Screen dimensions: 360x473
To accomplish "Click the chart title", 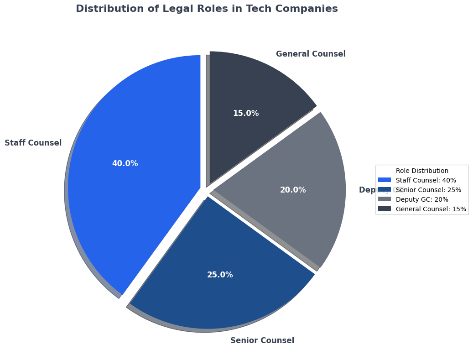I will point(207,9).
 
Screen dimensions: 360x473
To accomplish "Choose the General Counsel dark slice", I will point(255,87).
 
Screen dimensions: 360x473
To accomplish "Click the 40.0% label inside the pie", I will point(125,163).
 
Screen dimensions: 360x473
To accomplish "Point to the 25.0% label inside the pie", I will point(220,275).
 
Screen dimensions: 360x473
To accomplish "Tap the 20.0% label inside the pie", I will point(293,190).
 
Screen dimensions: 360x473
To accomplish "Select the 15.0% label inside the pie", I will point(246,113).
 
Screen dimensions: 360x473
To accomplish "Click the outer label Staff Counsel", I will point(33,143).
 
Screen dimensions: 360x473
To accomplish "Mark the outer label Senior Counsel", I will point(262,340).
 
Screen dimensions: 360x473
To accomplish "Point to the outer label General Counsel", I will point(311,54).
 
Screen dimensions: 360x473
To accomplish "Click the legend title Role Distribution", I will point(422,171).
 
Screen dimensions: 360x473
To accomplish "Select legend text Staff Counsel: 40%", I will point(426,180).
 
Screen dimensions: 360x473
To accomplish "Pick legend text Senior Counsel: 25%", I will point(428,190).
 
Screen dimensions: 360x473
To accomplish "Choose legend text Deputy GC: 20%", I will point(422,199).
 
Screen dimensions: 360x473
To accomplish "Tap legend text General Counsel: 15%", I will point(431,209).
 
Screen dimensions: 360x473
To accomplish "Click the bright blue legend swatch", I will point(385,180).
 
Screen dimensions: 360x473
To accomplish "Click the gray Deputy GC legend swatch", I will point(385,199).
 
